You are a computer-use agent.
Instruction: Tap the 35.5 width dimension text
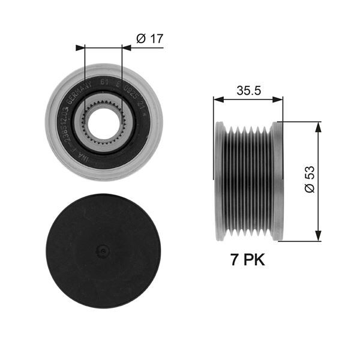click(247, 91)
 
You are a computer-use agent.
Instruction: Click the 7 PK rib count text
click(247, 260)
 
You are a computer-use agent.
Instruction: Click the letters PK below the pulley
click(254, 260)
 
